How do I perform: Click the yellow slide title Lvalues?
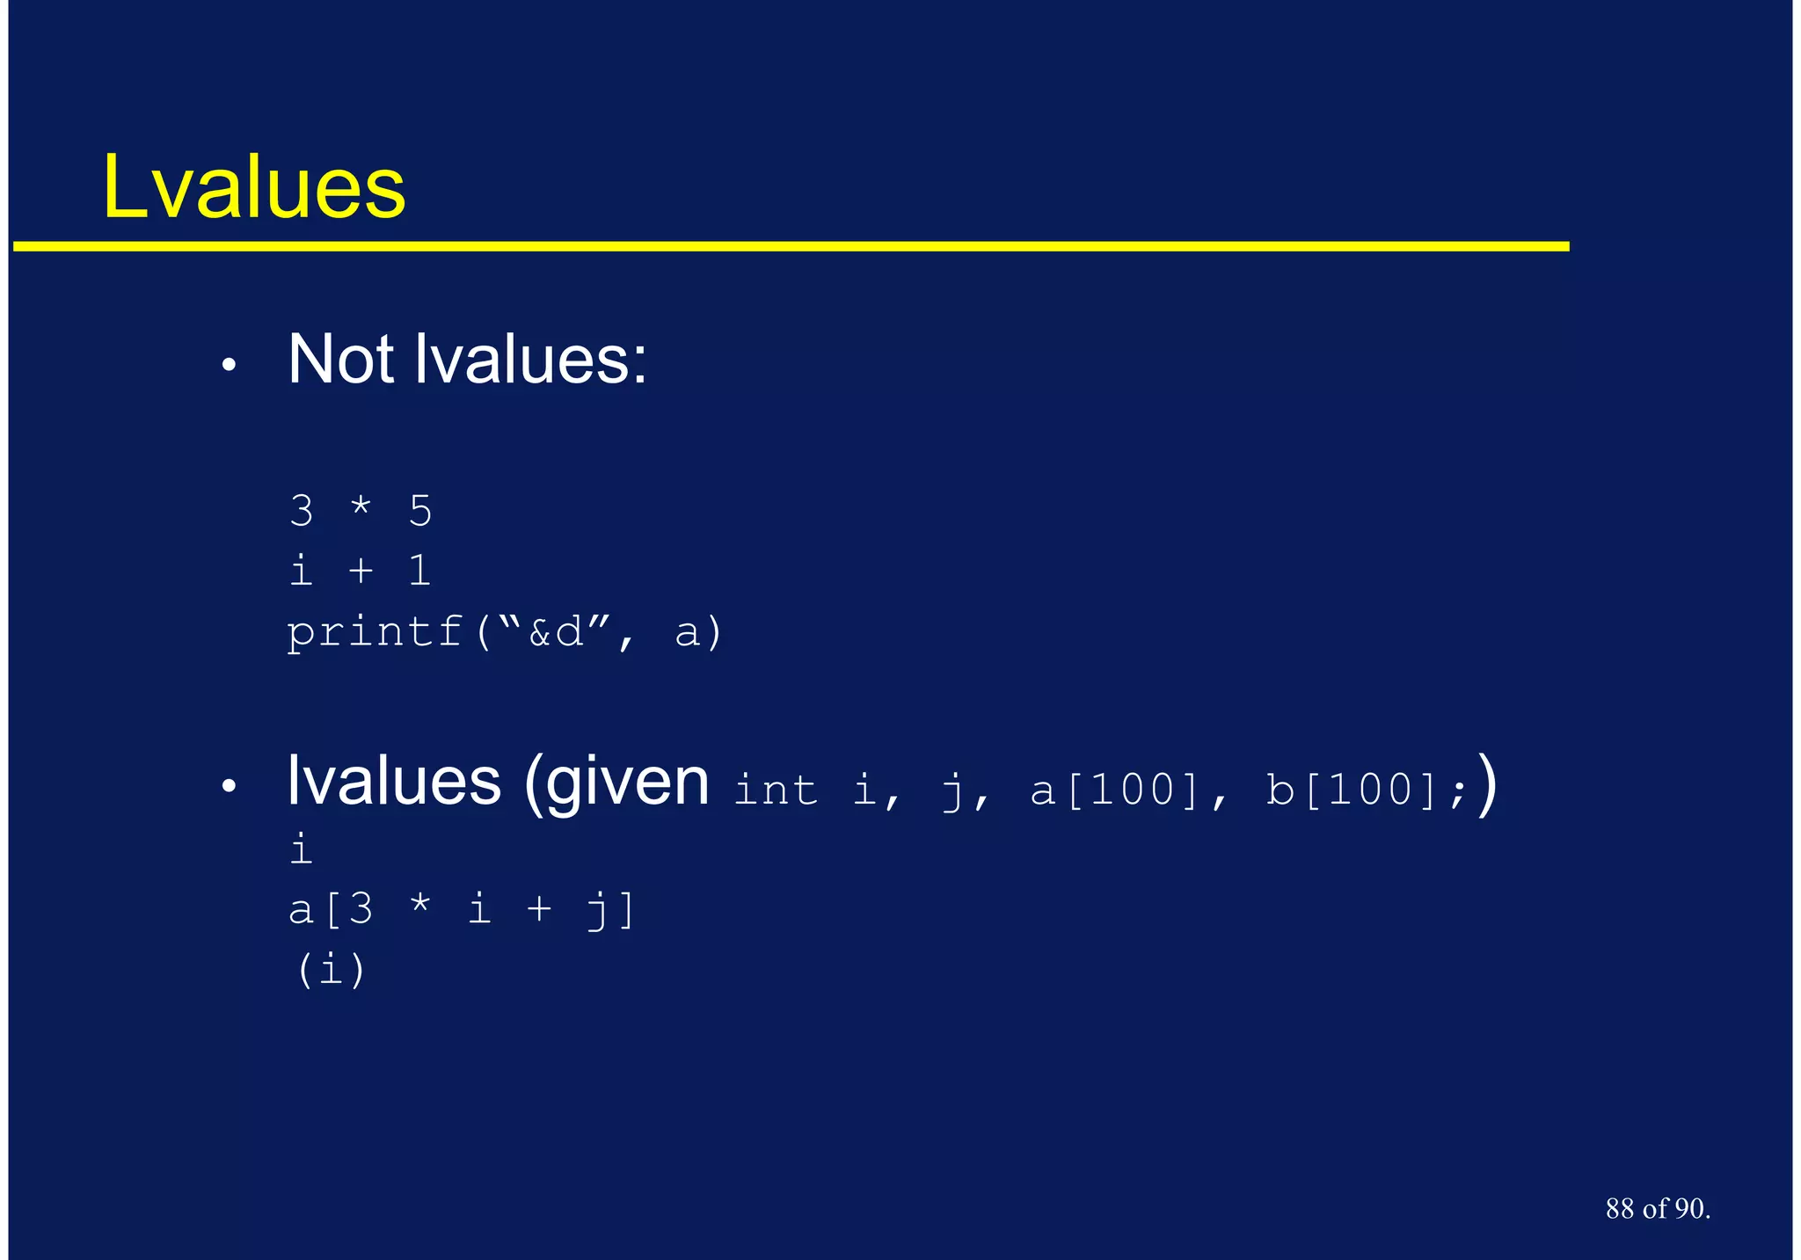[254, 186]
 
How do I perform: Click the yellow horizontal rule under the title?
[791, 246]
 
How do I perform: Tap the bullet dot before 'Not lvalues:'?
[229, 365]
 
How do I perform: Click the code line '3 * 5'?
[361, 511]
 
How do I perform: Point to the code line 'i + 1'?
[361, 572]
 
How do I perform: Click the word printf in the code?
[376, 632]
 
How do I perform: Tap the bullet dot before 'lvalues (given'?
[229, 786]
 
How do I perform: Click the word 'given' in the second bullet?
[627, 783]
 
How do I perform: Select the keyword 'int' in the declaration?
[775, 789]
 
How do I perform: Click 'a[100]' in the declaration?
[1114, 789]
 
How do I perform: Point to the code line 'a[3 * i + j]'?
[463, 909]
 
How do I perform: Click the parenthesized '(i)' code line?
[331, 970]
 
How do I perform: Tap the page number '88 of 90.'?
[1658, 1209]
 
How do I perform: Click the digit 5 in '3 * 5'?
[420, 511]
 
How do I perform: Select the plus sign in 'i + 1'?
[361, 572]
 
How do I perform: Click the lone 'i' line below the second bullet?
[301, 849]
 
